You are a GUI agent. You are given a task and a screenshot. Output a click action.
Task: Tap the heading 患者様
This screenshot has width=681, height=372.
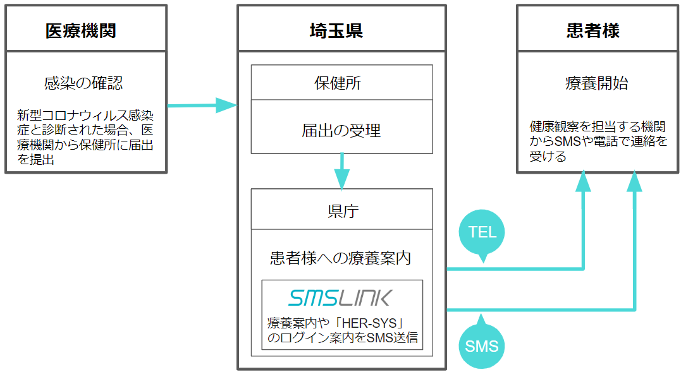592,30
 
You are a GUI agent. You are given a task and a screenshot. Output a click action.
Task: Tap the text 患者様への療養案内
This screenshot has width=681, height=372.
341,258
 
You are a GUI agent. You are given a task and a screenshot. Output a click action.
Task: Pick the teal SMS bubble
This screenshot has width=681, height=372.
482,345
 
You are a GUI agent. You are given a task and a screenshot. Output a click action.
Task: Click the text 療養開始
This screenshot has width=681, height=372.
596,83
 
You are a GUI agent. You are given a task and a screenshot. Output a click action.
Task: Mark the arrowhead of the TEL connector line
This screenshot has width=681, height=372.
582,182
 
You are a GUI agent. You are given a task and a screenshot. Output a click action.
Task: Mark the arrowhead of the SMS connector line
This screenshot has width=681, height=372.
634,182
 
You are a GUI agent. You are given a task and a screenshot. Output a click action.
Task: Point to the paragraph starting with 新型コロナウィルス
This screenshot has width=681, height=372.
85,138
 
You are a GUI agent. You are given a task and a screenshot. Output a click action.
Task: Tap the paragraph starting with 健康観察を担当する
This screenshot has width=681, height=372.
598,141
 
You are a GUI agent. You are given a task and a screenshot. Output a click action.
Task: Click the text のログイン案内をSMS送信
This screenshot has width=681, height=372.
342,337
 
